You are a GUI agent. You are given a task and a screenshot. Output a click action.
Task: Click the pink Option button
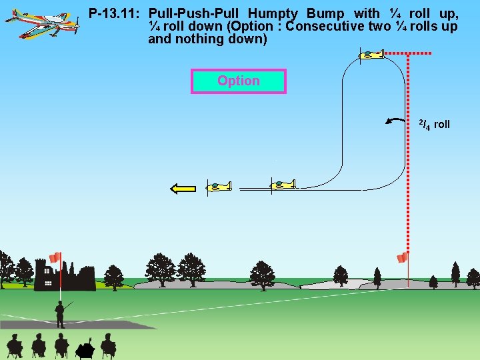click(238, 81)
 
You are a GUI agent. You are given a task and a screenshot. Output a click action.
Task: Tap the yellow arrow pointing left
click(183, 189)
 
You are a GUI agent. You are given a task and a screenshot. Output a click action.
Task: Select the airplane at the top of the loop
click(371, 55)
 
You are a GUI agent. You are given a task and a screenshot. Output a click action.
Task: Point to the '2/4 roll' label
click(434, 124)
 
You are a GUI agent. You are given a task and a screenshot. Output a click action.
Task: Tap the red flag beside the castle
click(55, 258)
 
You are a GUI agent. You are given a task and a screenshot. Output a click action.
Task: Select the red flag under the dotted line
click(402, 257)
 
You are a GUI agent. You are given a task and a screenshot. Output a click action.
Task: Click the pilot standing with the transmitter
click(60, 313)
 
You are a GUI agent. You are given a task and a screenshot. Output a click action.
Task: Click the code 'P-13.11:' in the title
click(115, 13)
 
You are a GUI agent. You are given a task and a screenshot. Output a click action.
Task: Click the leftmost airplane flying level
click(219, 187)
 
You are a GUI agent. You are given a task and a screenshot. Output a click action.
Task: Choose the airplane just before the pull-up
click(283, 184)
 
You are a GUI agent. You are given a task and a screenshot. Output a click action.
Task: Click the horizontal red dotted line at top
click(409, 53)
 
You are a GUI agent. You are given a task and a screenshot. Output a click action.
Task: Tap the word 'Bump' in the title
click(325, 13)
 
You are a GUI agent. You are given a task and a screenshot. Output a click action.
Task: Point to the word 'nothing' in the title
click(200, 39)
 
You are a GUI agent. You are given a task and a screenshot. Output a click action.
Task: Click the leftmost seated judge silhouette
click(14, 346)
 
